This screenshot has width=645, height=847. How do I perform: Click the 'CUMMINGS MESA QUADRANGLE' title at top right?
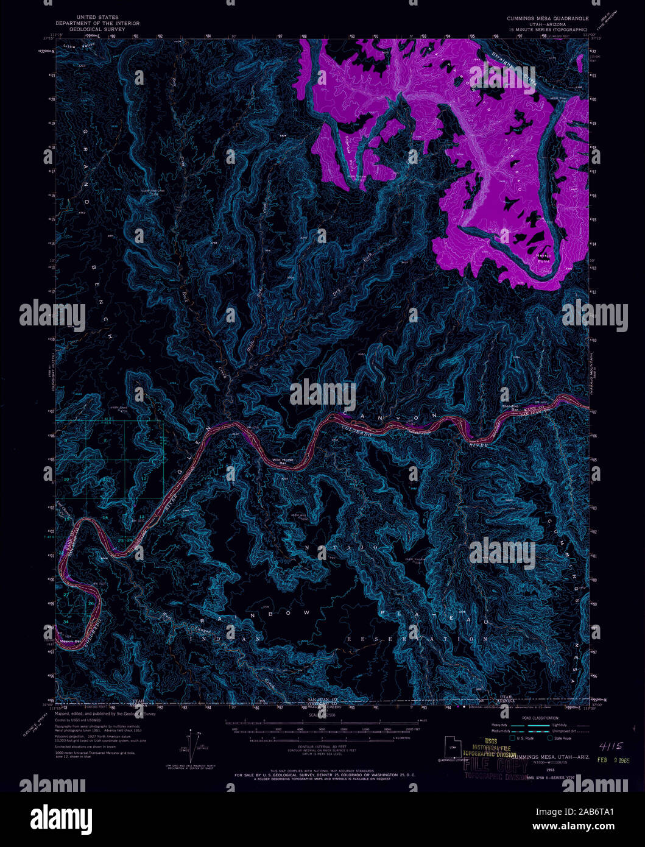pyautogui.click(x=548, y=19)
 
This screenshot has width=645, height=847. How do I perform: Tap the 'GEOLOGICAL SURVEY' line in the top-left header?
pyautogui.click(x=98, y=29)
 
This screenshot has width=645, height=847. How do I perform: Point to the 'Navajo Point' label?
pyautogui.click(x=543, y=258)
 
